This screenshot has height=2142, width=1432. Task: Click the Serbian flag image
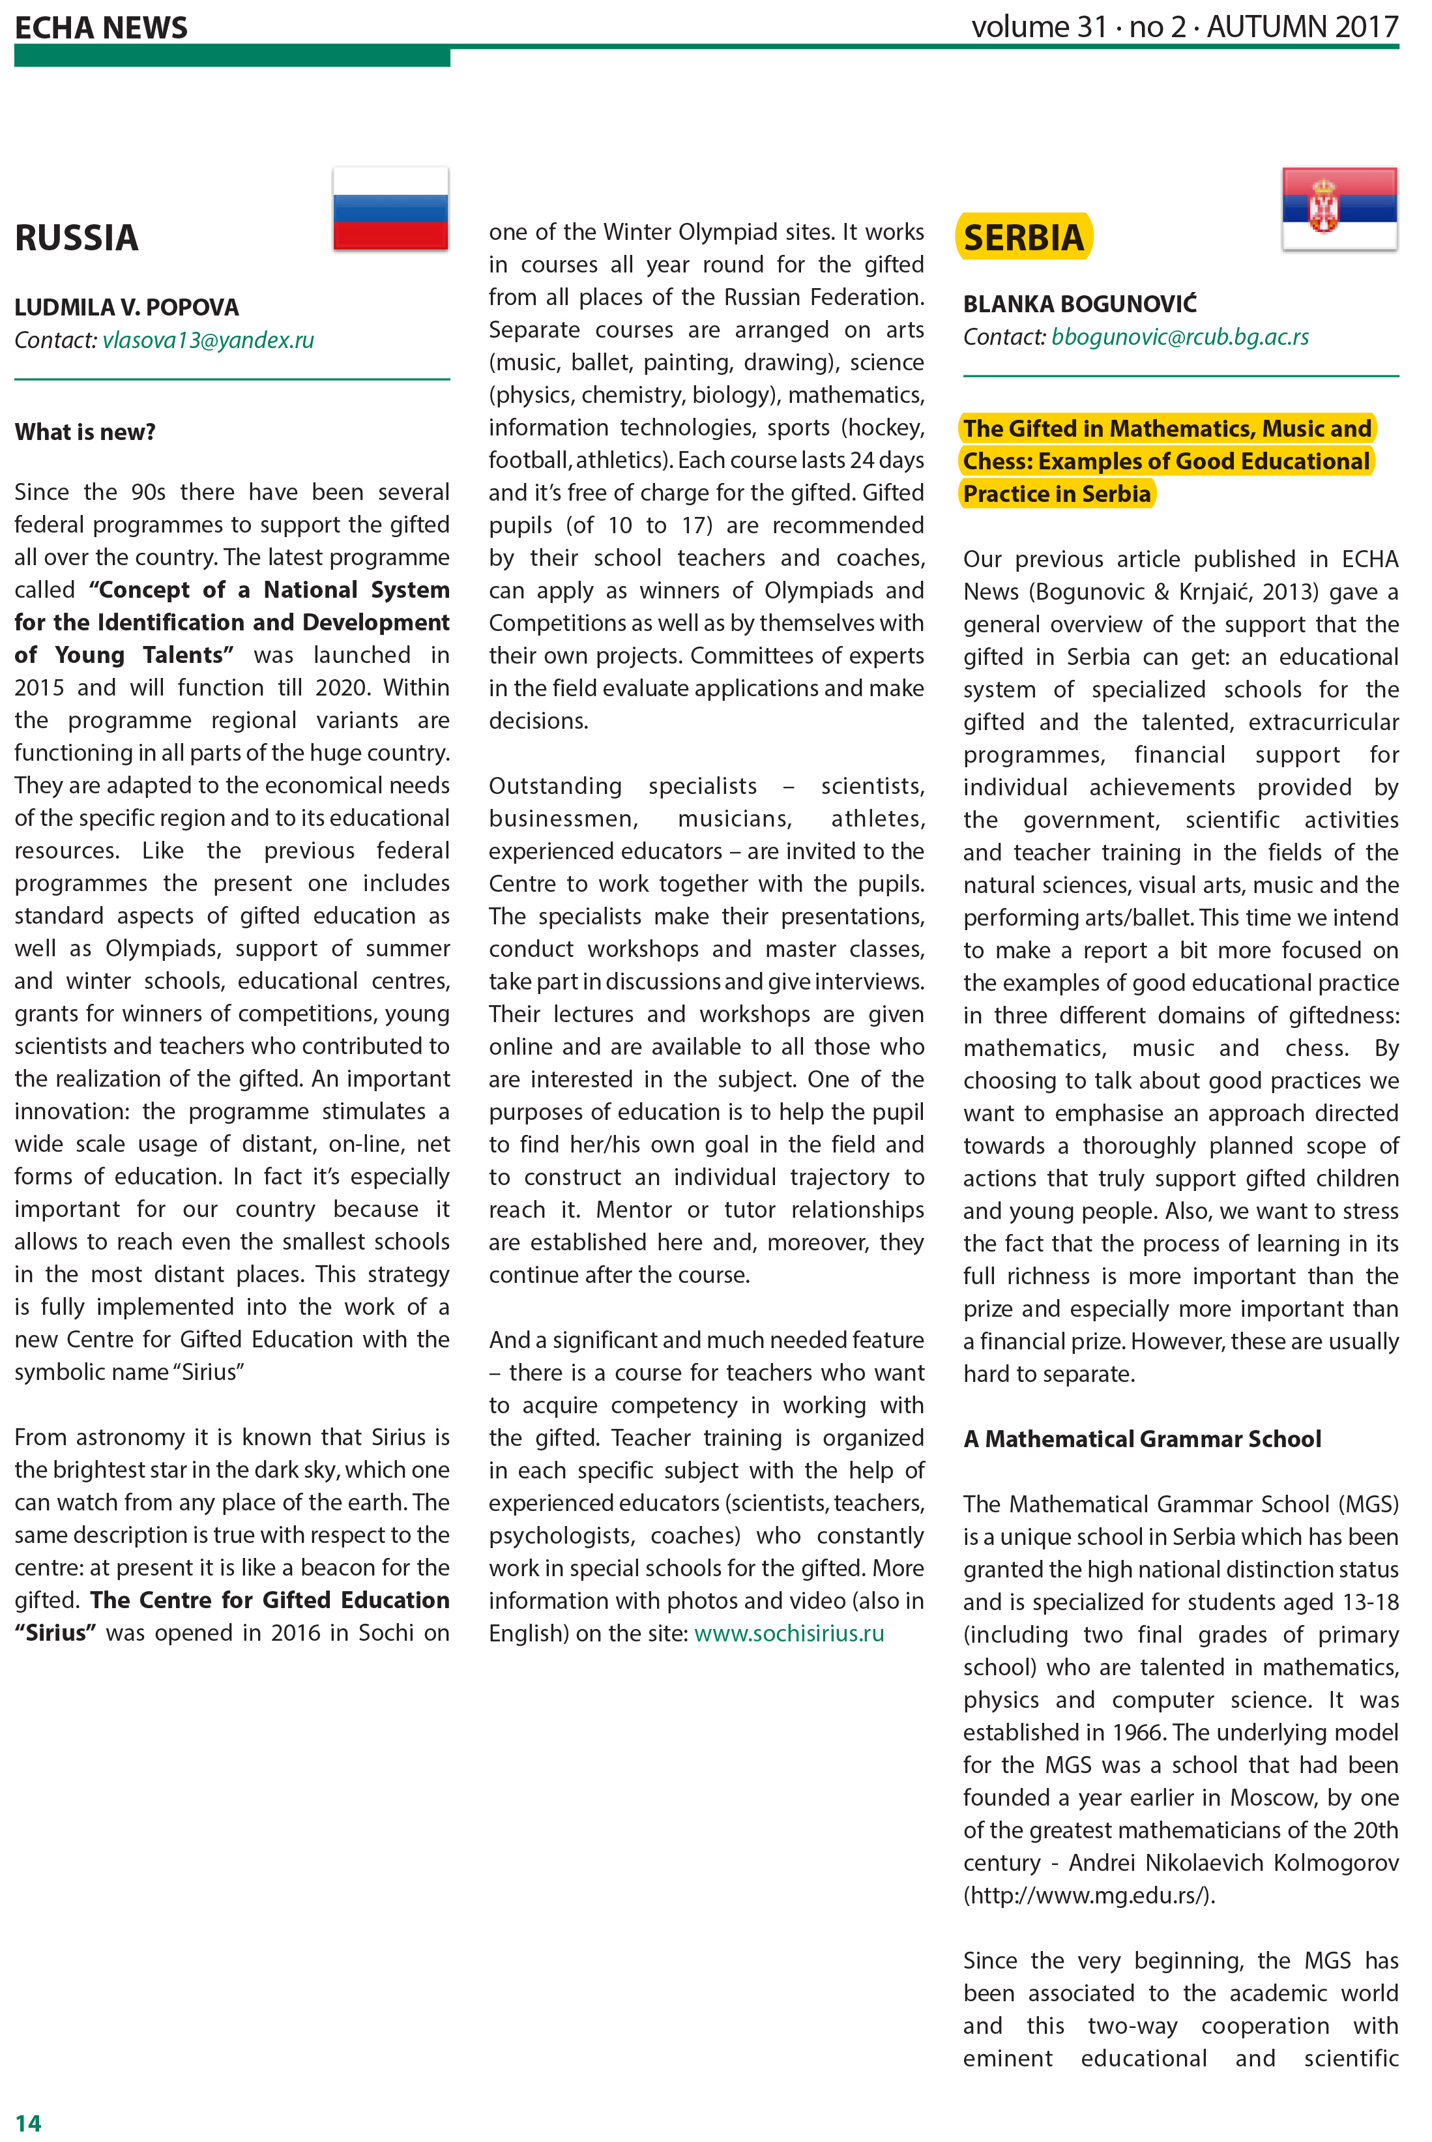[x=1339, y=209]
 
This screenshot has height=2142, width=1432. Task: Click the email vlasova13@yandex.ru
[x=208, y=341]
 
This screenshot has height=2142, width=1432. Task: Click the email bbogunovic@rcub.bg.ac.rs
[x=1179, y=337]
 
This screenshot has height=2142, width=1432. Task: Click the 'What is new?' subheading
[x=85, y=432]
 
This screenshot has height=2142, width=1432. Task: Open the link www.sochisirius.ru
[x=789, y=1633]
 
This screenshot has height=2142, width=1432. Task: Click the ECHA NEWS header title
[x=102, y=27]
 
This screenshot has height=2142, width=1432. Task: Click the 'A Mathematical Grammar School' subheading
[x=1141, y=1439]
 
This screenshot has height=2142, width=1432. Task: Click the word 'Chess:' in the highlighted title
[x=997, y=462]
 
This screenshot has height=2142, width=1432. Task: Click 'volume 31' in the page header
[x=1040, y=27]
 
